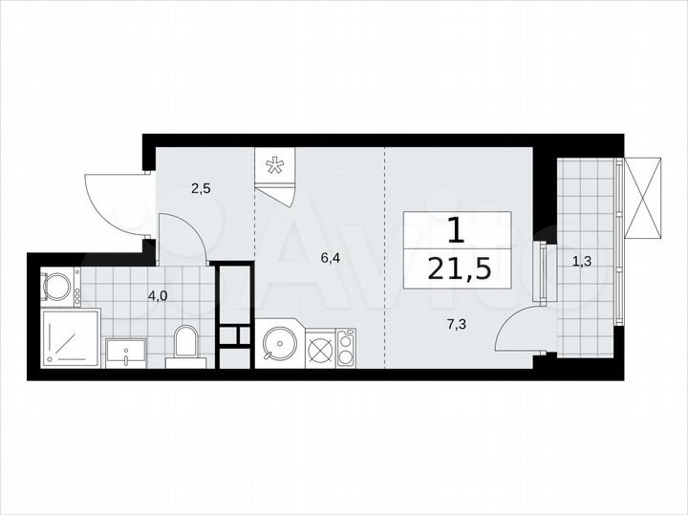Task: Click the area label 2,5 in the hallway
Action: pos(201,188)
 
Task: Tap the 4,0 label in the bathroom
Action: pos(159,295)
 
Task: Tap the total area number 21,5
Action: pos(462,270)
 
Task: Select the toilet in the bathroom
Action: pos(186,345)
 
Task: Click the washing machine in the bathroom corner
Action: pos(58,285)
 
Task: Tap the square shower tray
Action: pos(71,337)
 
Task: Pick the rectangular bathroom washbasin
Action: pos(125,352)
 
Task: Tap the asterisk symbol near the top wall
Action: pos(274,166)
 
